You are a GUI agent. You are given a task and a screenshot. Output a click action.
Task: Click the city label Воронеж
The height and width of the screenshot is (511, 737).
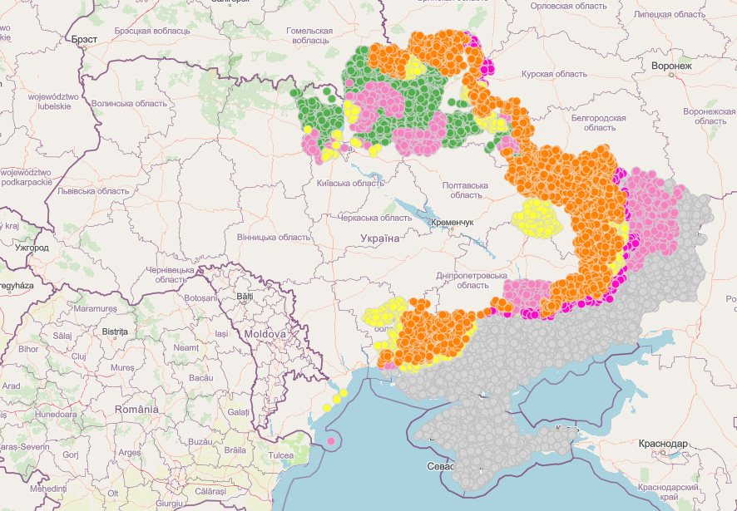(672, 66)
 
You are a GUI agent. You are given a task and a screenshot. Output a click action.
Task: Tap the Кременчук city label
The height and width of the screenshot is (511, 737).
(452, 224)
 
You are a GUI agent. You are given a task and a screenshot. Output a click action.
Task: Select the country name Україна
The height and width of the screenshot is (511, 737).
(379, 238)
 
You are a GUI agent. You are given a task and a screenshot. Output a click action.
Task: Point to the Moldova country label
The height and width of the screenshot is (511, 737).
(265, 334)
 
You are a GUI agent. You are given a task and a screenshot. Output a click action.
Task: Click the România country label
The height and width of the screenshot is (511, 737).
(137, 410)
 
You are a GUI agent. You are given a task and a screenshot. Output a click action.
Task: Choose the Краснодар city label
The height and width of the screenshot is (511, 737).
(663, 445)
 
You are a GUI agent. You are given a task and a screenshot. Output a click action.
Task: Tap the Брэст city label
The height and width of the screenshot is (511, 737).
(84, 39)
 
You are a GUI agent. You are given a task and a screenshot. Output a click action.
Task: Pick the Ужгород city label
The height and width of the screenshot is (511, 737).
(32, 248)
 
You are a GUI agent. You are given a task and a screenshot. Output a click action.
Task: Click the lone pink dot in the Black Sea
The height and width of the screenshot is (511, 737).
(331, 440)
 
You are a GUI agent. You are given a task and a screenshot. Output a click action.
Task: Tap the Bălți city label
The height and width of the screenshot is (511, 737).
(245, 296)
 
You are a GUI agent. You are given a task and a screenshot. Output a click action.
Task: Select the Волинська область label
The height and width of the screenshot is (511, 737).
(129, 104)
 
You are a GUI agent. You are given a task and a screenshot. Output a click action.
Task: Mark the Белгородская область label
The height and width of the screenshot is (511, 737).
(598, 123)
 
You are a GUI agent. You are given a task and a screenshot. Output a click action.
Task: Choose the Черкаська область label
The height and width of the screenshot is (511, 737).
(374, 218)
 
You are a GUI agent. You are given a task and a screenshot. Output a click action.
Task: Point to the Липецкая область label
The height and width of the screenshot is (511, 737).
(669, 14)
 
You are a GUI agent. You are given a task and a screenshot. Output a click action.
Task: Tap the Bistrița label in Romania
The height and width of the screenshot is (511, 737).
(115, 331)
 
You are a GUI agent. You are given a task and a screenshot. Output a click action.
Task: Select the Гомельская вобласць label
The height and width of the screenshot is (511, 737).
(309, 35)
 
